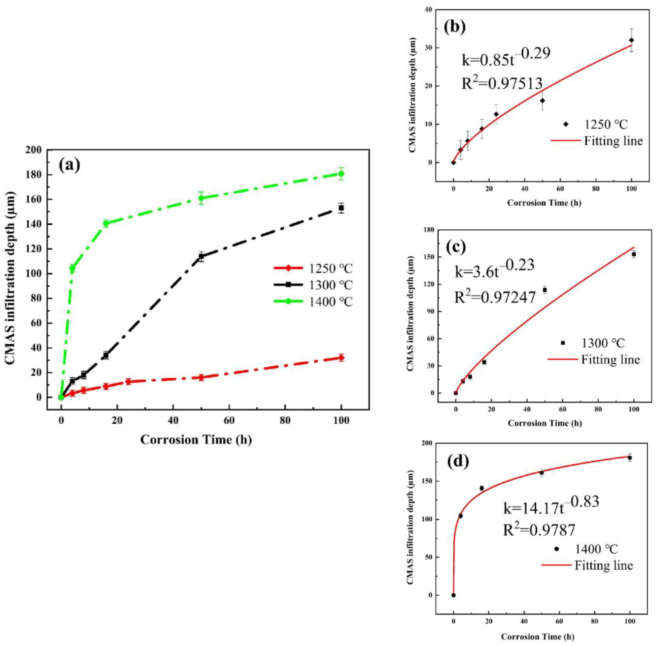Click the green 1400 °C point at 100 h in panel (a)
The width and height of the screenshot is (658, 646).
(x=341, y=174)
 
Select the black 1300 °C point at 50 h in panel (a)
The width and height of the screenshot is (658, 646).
(x=201, y=256)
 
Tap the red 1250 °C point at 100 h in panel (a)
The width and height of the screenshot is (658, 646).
(x=341, y=357)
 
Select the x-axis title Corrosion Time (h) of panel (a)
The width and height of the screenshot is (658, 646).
(x=196, y=440)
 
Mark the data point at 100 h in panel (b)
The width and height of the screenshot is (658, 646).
(x=631, y=40)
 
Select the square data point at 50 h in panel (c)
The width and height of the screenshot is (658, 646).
(x=545, y=290)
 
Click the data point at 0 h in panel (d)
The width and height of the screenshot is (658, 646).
(x=453, y=595)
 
